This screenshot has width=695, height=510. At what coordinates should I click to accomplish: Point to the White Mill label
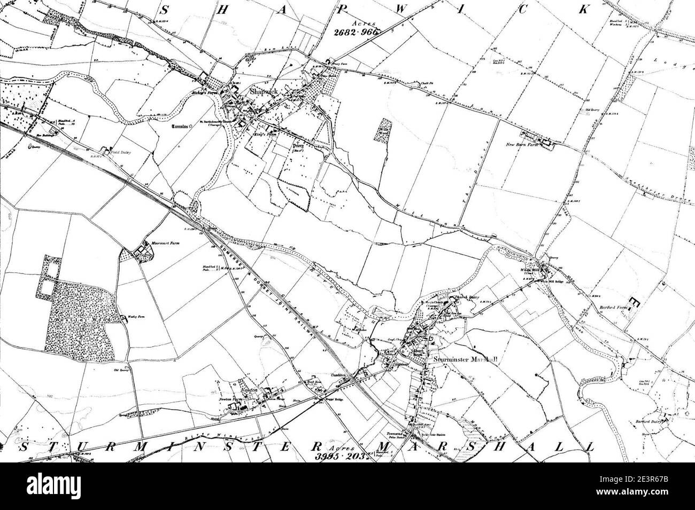[530, 271]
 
